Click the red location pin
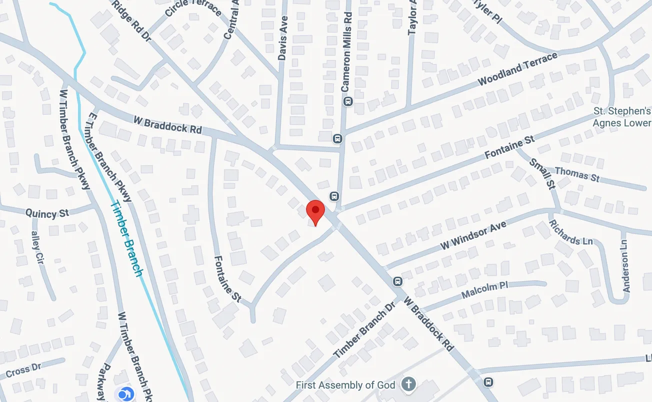pyautogui.click(x=315, y=211)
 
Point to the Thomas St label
pyautogui.click(x=577, y=174)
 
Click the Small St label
pyautogui.click(x=542, y=173)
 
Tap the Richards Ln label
pyautogui.click(x=571, y=232)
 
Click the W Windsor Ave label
pyautogui.click(x=473, y=236)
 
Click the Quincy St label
pyautogui.click(x=47, y=213)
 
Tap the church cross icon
pyautogui.click(x=409, y=385)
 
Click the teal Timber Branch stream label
pyautogui.click(x=126, y=238)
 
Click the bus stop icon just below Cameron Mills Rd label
pyautogui.click(x=348, y=101)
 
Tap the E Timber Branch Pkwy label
pyautogui.click(x=109, y=157)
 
